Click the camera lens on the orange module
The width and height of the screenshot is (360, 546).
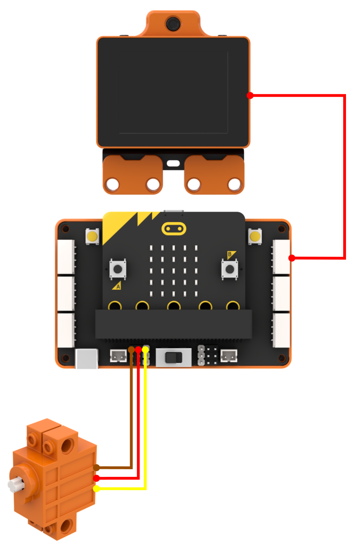pyautogui.click(x=173, y=24)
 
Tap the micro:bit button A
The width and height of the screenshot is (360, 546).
pyautogui.click(x=118, y=269)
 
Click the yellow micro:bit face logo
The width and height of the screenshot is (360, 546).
pyautogui.click(x=174, y=229)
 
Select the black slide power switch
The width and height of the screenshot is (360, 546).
pyautogui.click(x=174, y=358)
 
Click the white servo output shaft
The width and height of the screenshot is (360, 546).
pyautogui.click(x=16, y=484)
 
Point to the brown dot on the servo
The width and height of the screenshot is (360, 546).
pyautogui.click(x=96, y=467)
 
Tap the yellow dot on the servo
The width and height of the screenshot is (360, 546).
pyautogui.click(x=96, y=488)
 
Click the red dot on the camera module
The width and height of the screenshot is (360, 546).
pyautogui.click(x=250, y=95)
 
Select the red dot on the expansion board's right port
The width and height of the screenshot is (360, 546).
pyautogui.click(x=292, y=258)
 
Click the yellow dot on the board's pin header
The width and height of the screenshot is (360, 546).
pyautogui.click(x=145, y=350)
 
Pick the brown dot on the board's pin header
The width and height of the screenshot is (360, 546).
pyautogui.click(x=131, y=350)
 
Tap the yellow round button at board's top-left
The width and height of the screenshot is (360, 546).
pyautogui.click(x=92, y=236)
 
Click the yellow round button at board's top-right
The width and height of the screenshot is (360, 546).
pyautogui.click(x=255, y=236)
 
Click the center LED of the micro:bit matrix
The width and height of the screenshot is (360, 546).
pyautogui.click(x=174, y=271)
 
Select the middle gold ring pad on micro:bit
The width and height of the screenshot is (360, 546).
pyautogui.click(x=174, y=305)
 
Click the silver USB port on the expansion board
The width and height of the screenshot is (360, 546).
pyautogui.click(x=87, y=358)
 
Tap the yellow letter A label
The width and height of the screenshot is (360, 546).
pyautogui.click(x=117, y=285)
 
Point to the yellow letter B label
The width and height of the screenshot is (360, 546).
pyautogui.click(x=230, y=254)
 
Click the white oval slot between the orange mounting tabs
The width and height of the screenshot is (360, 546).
pyautogui.click(x=173, y=163)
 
